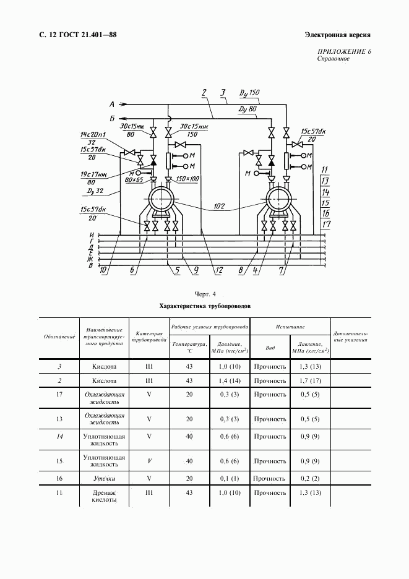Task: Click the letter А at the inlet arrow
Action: tap(112, 103)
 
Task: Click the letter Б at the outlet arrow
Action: tap(112, 118)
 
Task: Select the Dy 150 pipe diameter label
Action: tap(248, 93)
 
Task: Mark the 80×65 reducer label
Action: tap(133, 179)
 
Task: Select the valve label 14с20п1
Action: tap(93, 134)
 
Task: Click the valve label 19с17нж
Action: tap(93, 174)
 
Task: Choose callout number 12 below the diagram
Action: tap(218, 270)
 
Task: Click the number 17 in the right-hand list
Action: tap(326, 223)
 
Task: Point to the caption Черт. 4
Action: tap(204, 293)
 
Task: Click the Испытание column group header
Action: tap(290, 326)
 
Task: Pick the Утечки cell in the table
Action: tap(104, 478)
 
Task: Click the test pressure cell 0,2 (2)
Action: tap(309, 478)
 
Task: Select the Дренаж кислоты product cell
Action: tap(104, 496)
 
